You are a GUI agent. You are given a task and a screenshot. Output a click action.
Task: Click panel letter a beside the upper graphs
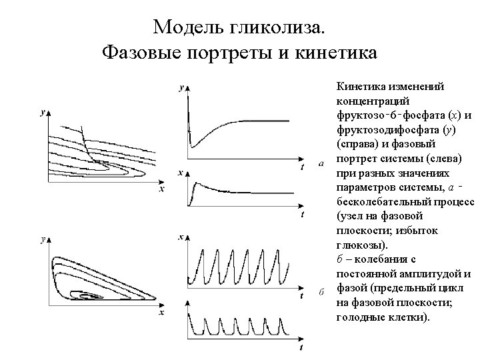[x=321, y=164]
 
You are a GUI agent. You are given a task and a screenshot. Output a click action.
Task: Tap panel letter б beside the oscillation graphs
[x=321, y=293]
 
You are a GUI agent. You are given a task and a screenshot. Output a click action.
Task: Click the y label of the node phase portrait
[x=43, y=114]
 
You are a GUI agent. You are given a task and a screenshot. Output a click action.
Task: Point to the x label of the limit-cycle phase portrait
[x=161, y=311]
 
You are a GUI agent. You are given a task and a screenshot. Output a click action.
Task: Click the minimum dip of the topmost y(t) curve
[x=192, y=145]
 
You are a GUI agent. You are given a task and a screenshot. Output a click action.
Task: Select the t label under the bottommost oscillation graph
[x=302, y=347]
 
